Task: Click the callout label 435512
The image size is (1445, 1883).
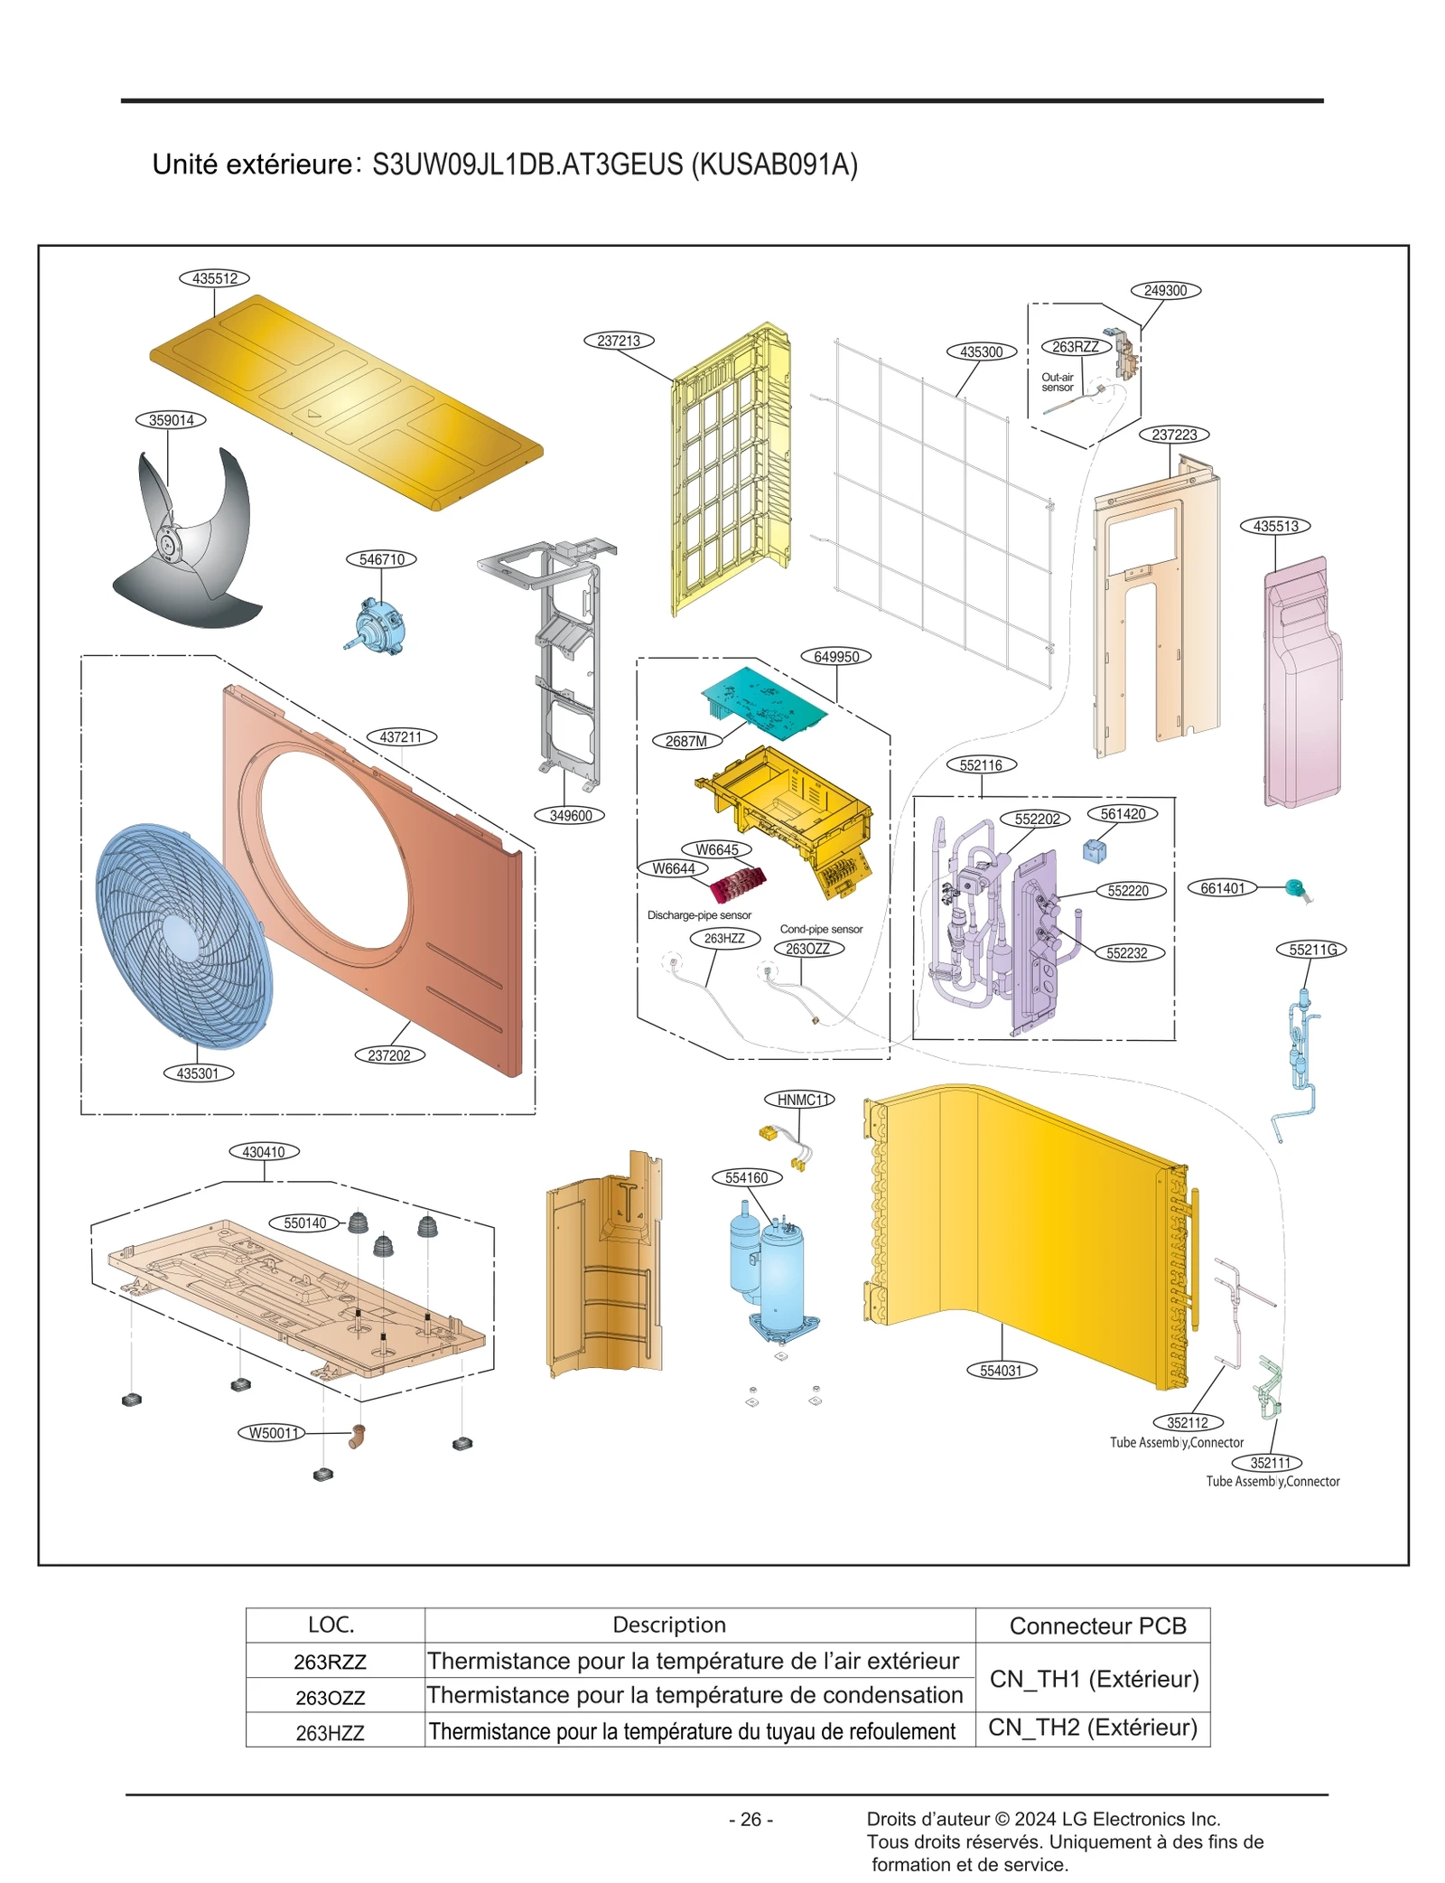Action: coord(214,278)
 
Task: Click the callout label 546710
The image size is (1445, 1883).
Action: coord(381,559)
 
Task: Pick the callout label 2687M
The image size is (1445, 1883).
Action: coord(686,741)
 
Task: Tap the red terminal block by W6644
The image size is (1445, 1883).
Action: coord(738,884)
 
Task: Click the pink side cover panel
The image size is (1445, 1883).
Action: coord(1302,687)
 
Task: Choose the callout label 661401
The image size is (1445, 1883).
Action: coord(1222,888)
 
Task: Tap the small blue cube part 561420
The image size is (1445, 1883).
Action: coord(1094,850)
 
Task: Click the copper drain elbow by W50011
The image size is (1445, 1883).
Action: coord(357,1436)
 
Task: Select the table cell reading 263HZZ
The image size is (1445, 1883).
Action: coord(331,1733)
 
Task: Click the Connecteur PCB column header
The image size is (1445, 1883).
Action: coord(1096,1625)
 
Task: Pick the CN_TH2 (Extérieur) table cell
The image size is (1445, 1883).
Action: coord(1093,1728)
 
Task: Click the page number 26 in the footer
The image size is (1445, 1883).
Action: coord(750,1820)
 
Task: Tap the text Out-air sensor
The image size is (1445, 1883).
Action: coord(1057,382)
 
